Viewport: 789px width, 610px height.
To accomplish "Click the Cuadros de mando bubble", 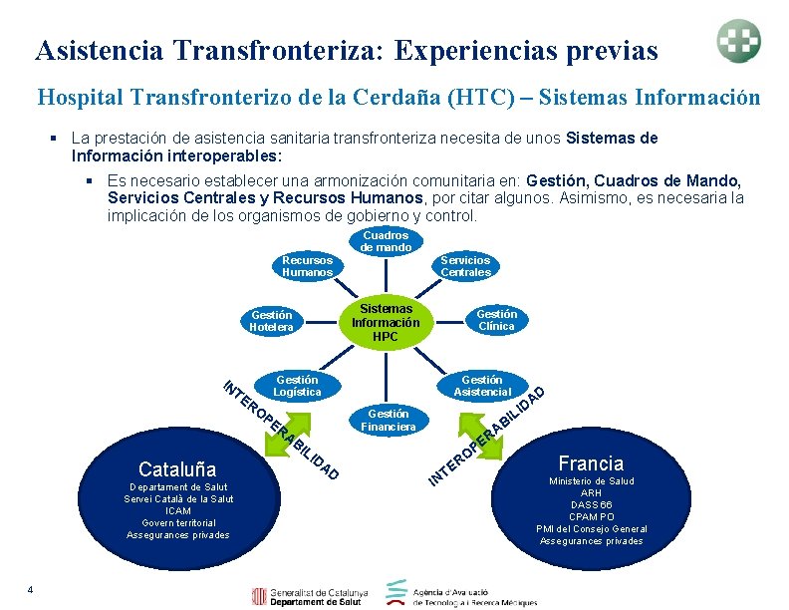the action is click(386, 241).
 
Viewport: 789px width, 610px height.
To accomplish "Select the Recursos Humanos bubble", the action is click(307, 266).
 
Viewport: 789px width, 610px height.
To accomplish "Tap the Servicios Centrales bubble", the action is click(465, 266).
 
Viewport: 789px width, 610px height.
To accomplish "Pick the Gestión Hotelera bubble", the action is click(271, 321).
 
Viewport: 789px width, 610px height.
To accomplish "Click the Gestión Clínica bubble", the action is click(495, 320).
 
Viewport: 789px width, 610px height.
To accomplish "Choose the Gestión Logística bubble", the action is click(297, 386).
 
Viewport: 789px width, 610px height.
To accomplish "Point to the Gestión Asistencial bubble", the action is click(482, 386).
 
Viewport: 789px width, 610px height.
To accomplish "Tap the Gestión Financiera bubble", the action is click(389, 420).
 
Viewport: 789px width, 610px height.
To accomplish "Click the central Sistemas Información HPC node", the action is click(386, 323).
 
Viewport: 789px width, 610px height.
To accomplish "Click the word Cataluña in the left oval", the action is click(177, 468).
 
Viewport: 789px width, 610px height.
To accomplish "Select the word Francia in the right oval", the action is click(591, 462).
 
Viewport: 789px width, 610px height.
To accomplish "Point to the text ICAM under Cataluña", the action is click(178, 510).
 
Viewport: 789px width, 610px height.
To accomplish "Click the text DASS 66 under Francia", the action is click(591, 504).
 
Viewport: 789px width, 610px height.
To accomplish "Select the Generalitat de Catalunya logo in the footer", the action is click(311, 596).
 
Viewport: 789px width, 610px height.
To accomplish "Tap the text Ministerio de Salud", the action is click(591, 481).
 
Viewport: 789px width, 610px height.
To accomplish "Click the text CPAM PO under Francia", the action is click(591, 516).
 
